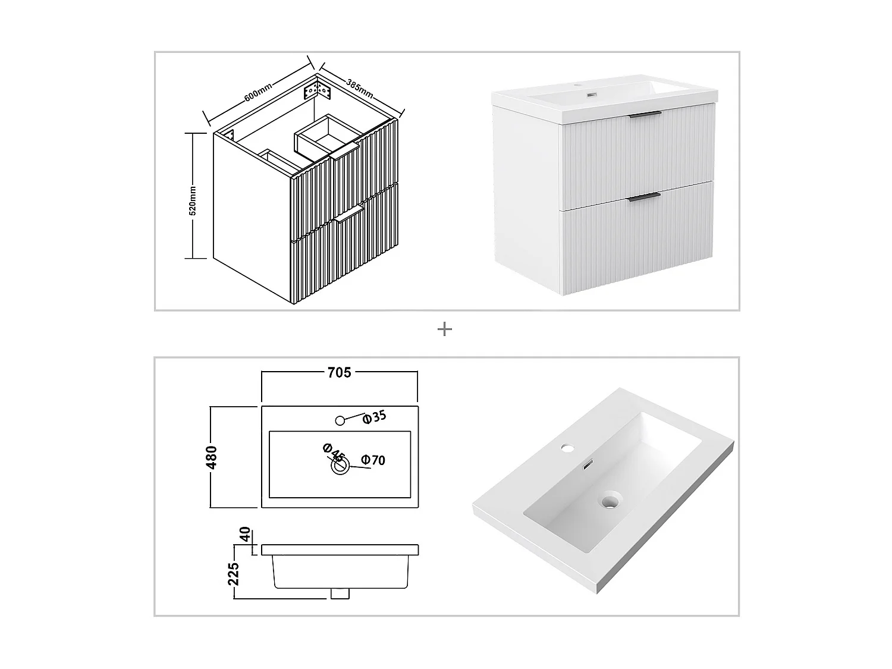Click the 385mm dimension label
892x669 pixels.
point(359,88)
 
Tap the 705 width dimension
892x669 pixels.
point(339,372)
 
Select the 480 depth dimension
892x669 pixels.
point(211,457)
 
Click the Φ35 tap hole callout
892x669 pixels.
point(375,417)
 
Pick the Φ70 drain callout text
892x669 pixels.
point(373,460)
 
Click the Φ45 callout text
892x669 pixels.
point(334,453)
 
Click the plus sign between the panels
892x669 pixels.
point(445,329)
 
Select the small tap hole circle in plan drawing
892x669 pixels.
point(340,420)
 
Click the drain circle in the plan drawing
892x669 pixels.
point(340,467)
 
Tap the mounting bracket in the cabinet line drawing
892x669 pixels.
point(317,91)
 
